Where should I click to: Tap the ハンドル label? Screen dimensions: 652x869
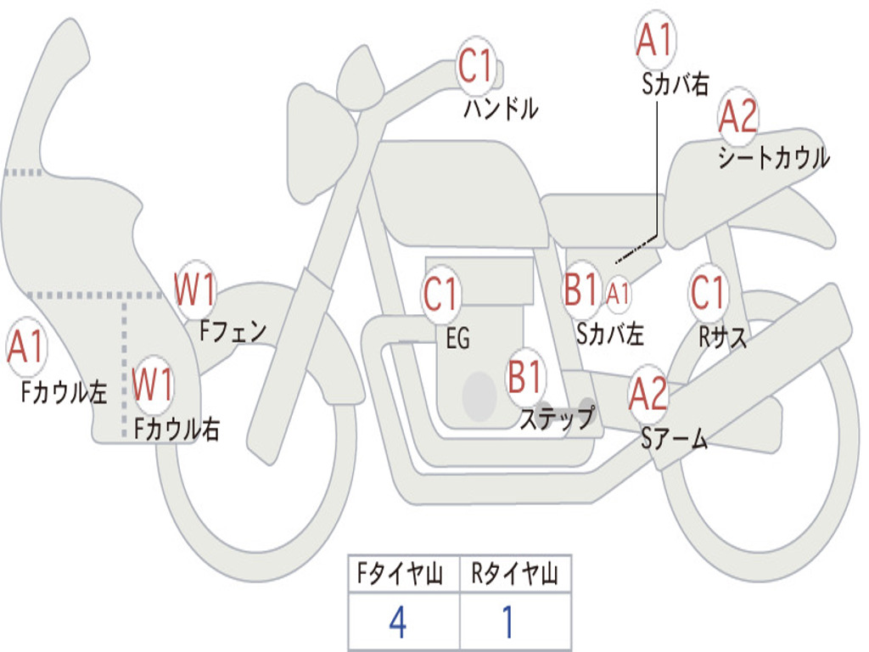[501, 109]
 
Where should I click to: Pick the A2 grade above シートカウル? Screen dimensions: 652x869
[737, 117]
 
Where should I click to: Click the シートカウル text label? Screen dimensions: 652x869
[772, 159]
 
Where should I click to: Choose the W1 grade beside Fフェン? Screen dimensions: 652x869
[195, 289]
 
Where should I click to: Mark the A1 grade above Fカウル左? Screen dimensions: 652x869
[26, 349]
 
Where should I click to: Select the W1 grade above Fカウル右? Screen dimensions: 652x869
[154, 385]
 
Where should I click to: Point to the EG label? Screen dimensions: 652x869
[457, 339]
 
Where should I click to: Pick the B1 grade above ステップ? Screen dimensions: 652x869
[525, 377]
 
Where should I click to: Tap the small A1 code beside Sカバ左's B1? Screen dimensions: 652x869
[619, 293]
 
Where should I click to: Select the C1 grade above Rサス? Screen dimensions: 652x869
[708, 293]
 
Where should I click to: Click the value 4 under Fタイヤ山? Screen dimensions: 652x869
[398, 623]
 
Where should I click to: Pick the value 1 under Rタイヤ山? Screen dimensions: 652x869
[507, 623]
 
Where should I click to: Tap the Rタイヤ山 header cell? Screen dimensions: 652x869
[515, 576]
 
